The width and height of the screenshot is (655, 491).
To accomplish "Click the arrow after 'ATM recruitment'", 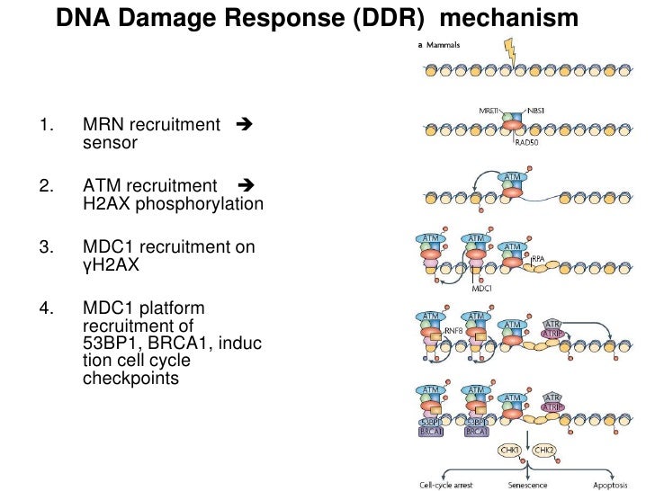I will coord(246,185).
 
